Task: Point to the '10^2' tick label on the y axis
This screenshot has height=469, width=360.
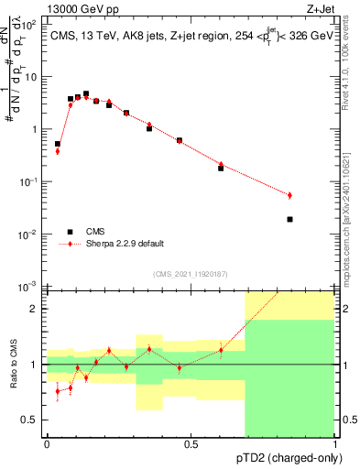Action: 30,25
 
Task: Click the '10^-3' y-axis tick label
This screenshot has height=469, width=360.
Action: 29,288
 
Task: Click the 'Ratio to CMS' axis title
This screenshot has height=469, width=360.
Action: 13,364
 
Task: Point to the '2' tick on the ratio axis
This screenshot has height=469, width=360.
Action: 34,309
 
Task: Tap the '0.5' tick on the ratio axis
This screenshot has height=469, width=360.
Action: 30,420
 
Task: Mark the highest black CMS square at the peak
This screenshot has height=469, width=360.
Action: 86,93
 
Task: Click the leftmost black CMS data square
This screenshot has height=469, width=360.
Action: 58,144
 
